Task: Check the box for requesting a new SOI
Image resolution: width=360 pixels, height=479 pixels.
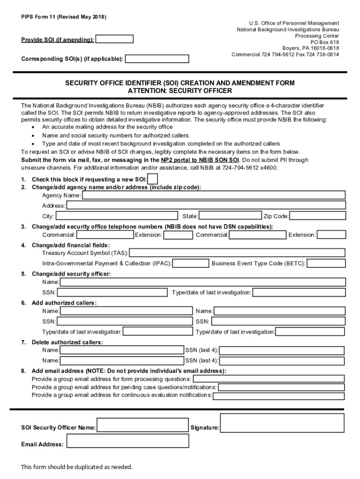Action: point(152,179)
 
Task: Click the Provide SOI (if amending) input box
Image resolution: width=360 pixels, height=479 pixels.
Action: point(114,39)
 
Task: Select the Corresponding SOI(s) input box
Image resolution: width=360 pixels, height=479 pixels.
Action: point(157,59)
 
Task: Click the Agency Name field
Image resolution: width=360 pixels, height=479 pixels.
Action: point(214,195)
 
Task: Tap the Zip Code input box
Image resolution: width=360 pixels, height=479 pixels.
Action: point(317,216)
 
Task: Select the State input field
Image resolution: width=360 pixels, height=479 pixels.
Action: point(230,216)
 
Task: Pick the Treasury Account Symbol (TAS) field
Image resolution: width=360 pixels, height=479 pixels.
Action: point(237,253)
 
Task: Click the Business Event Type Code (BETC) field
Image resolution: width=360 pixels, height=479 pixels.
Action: point(326,263)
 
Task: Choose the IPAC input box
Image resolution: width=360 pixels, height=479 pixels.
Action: point(190,263)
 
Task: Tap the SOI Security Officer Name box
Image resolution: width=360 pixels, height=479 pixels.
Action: point(143,425)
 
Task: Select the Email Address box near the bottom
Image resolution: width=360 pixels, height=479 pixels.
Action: point(128,441)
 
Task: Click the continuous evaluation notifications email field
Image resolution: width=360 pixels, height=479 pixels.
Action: point(278,396)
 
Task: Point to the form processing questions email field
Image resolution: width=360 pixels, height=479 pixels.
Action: point(268,379)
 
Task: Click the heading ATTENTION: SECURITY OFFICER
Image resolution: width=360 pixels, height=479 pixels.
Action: point(180,90)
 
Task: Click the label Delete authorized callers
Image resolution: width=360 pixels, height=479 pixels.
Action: point(67,342)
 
